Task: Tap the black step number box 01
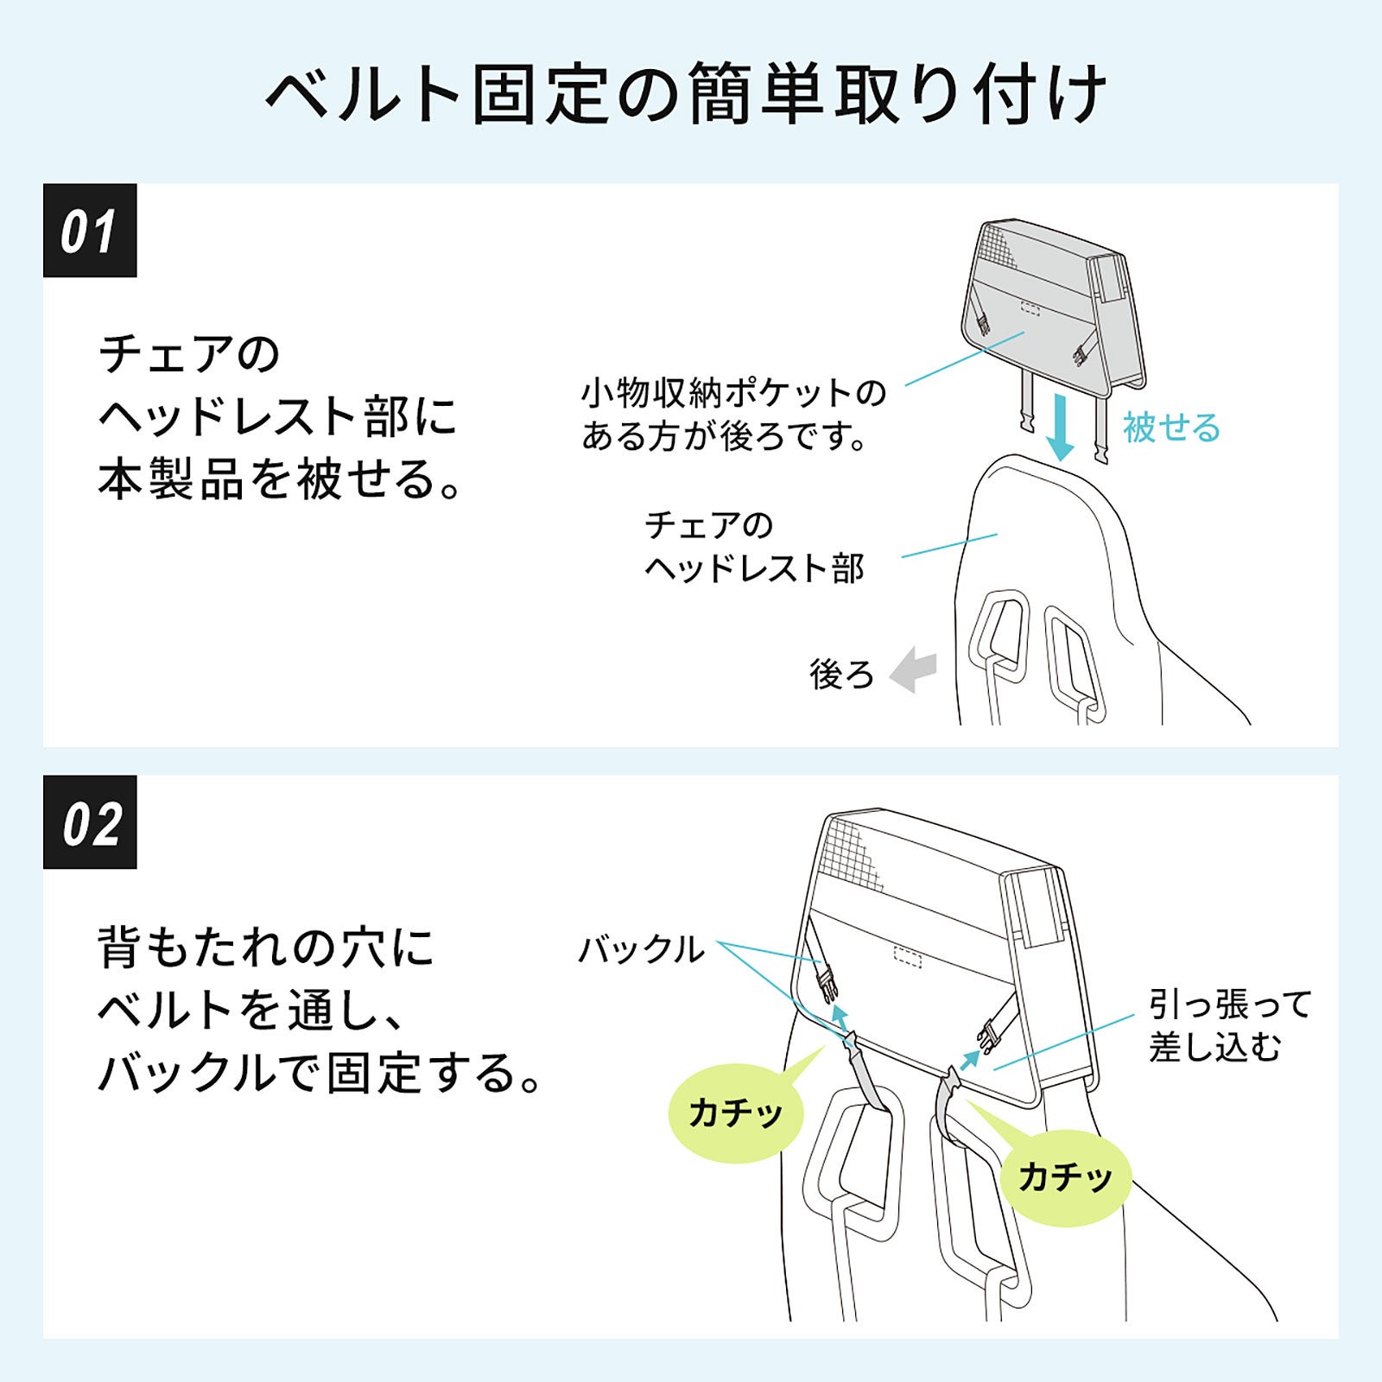click(x=90, y=231)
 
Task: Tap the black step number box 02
click(x=90, y=822)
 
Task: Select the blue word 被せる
click(x=1171, y=428)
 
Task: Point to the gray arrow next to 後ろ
click(x=913, y=670)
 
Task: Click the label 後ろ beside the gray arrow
click(x=841, y=674)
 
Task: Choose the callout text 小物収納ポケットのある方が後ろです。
click(x=733, y=415)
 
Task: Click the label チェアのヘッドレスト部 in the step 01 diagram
click(x=753, y=547)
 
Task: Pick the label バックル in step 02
click(x=641, y=950)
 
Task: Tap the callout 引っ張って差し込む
click(x=1229, y=1025)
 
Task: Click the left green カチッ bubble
click(x=736, y=1113)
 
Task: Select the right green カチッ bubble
click(x=1066, y=1177)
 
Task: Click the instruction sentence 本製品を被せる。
click(x=281, y=480)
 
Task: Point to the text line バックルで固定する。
click(x=320, y=1074)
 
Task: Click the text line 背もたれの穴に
click(x=266, y=948)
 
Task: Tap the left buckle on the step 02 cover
click(x=827, y=982)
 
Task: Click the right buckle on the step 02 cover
click(x=988, y=1035)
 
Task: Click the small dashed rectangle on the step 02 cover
click(x=907, y=957)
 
